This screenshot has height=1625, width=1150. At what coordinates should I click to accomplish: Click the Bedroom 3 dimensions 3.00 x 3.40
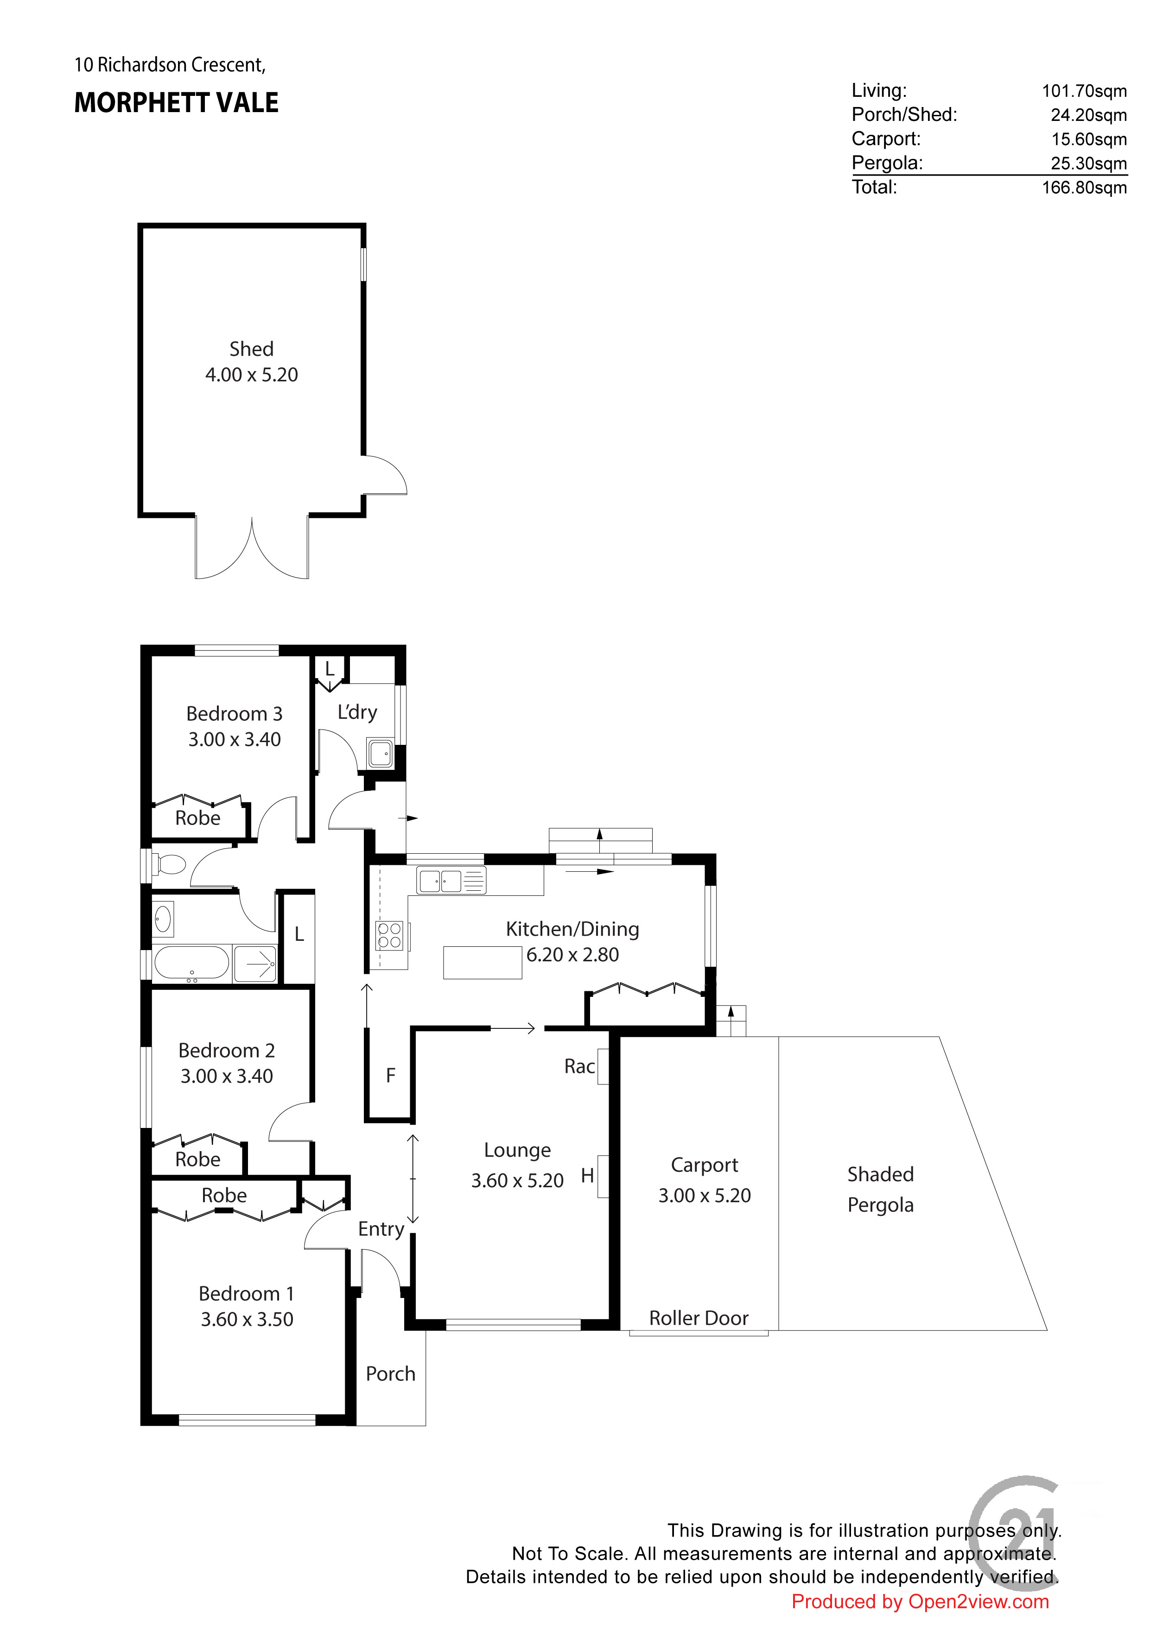[235, 740]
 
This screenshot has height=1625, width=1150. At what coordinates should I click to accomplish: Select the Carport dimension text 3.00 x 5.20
[705, 1196]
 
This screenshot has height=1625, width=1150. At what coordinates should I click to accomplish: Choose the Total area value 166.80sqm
[1084, 188]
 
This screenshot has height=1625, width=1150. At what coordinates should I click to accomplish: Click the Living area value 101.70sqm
[1084, 91]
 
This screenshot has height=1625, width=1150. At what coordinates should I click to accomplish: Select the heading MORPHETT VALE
[176, 103]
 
